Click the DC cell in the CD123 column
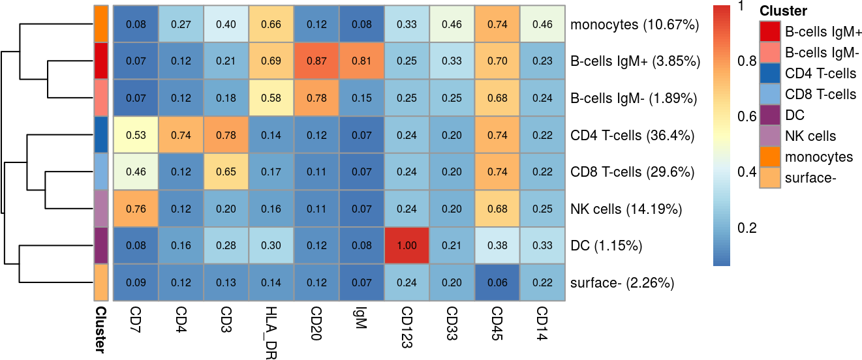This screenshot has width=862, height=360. pos(407,246)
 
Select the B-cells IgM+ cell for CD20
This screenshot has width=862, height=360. pos(316,61)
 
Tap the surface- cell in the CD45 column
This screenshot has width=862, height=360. pos(497,283)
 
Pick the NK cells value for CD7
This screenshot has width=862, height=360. pos(136,209)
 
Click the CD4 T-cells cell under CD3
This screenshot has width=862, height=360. pos(226,135)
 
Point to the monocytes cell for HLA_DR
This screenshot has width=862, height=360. pos(271,25)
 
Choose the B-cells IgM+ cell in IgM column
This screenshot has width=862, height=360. pos(362,61)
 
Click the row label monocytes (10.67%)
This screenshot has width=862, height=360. pos(634,25)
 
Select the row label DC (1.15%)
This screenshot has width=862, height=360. pos(606,247)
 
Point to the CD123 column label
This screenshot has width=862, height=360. pos(407,327)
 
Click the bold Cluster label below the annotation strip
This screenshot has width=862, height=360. pos(100,329)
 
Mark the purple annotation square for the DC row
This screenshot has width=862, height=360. pos(100,246)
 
